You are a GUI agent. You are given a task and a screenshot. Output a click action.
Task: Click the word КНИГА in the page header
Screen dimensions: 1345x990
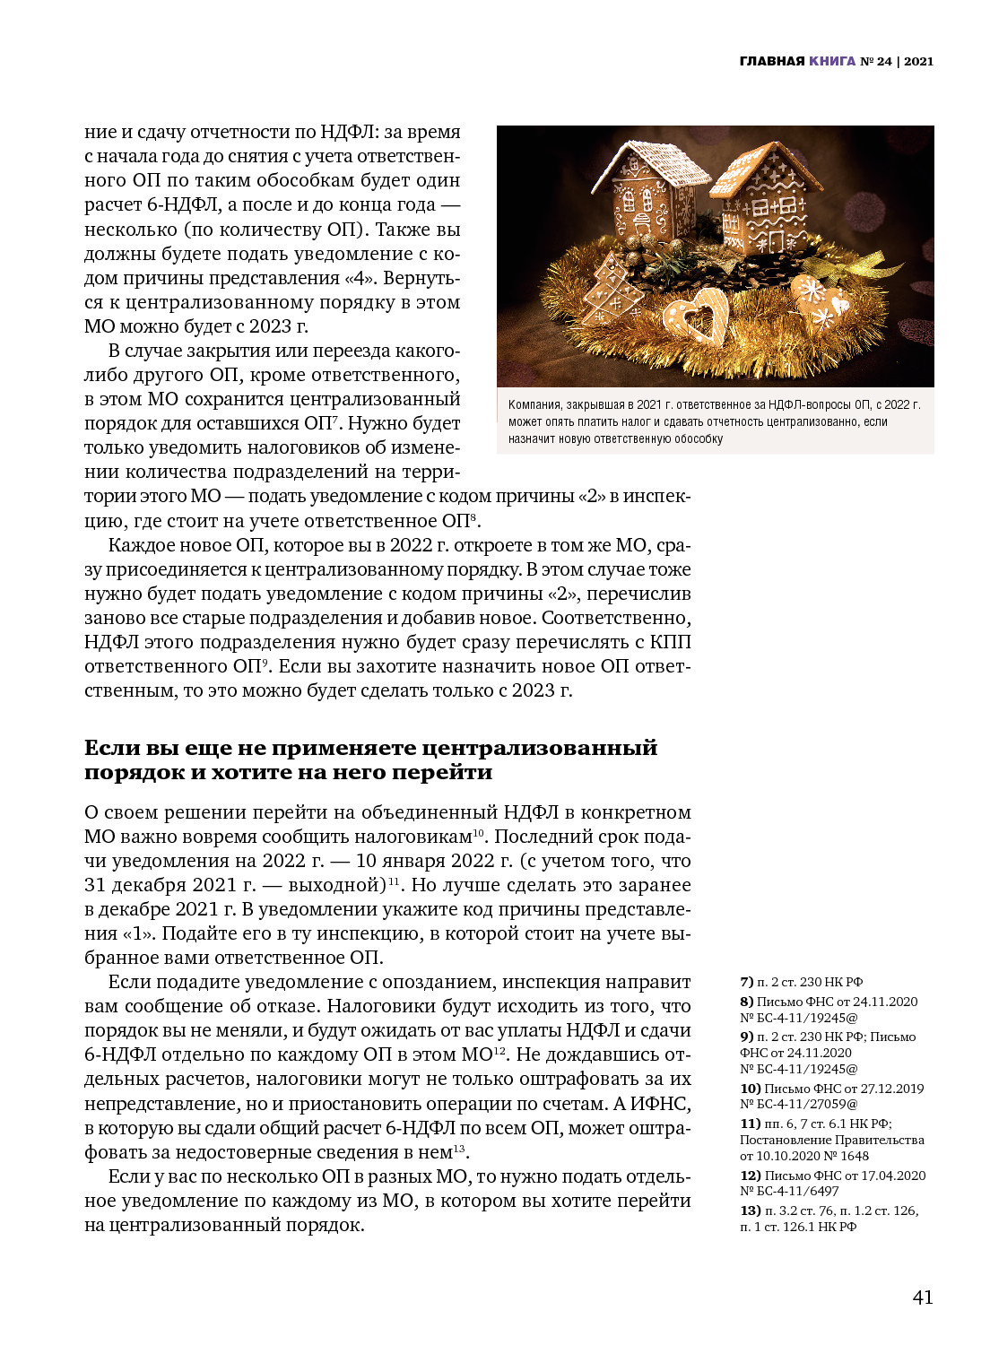[x=831, y=62]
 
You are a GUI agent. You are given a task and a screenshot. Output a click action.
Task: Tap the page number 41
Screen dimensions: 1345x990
[x=922, y=1297]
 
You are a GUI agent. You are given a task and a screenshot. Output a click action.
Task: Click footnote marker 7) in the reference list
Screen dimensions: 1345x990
[x=746, y=982]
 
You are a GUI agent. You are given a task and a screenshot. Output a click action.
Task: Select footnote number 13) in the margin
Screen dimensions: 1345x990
[x=750, y=1210]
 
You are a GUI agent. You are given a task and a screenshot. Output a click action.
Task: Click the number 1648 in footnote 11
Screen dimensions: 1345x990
[x=854, y=1157]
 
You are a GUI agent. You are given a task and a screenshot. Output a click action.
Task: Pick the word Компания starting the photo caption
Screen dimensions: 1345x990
[x=535, y=405]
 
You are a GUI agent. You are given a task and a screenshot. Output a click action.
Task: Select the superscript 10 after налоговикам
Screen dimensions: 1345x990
[x=479, y=833]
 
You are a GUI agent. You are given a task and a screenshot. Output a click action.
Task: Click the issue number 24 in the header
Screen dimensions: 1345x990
[x=884, y=62]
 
